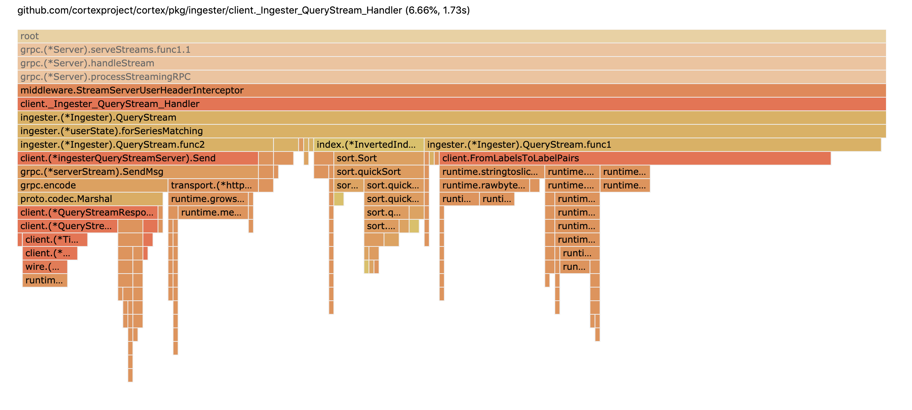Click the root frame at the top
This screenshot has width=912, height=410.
451,36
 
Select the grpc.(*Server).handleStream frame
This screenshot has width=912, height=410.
451,63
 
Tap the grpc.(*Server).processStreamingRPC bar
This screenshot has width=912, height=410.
451,77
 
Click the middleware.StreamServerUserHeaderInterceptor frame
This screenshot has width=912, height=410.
451,90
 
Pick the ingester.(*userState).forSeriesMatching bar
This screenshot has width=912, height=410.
451,131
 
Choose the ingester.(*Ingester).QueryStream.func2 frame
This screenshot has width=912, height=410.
145,145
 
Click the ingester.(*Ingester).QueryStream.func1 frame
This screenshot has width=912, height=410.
653,145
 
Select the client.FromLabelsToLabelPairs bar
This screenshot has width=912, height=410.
635,158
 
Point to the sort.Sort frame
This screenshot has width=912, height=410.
379,158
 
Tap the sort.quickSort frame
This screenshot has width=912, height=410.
379,172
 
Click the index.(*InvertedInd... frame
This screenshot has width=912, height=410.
368,145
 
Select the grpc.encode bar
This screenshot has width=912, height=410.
92,185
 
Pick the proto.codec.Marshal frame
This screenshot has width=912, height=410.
90,199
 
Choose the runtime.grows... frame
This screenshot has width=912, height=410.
208,199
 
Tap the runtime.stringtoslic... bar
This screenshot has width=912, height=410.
491,172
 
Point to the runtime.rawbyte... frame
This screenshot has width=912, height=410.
484,185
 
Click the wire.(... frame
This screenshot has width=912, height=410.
45,267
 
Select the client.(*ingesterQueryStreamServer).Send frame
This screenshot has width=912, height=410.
138,158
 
